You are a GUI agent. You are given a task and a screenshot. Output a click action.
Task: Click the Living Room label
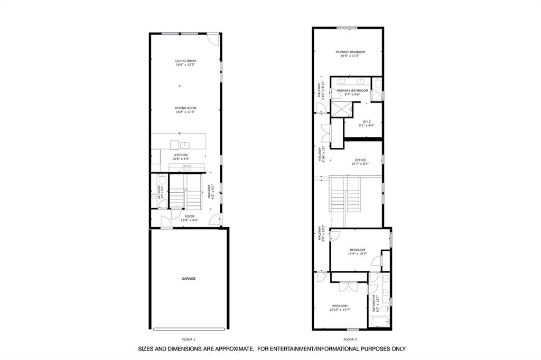pyautogui.click(x=185, y=61)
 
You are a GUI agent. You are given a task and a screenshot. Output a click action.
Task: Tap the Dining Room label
pyautogui.click(x=185, y=108)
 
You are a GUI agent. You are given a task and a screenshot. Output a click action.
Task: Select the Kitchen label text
pyautogui.click(x=180, y=155)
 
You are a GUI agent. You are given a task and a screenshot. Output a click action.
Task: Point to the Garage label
pyautogui.click(x=189, y=279)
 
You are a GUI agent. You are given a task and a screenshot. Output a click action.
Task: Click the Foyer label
pyautogui.click(x=189, y=216)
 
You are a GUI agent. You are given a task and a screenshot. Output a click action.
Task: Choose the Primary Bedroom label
pyautogui.click(x=350, y=52)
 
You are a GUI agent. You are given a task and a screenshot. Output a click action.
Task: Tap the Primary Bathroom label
pyautogui.click(x=352, y=91)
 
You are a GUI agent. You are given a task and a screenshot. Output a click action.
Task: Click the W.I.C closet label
pyautogui.click(x=367, y=121)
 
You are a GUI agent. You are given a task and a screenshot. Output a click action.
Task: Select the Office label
pyautogui.click(x=360, y=160)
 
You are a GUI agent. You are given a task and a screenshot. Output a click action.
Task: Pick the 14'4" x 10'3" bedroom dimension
pyautogui.click(x=357, y=254)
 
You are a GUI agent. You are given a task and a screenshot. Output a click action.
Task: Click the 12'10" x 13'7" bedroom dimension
pyautogui.click(x=340, y=310)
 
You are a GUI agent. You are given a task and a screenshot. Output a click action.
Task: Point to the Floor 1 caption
pyautogui.click(x=189, y=339)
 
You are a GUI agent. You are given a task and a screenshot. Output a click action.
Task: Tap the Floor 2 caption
pyautogui.click(x=350, y=339)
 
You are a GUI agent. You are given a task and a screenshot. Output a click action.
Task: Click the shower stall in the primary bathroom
pyautogui.click(x=341, y=109)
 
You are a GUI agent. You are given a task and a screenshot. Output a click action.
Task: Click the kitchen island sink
pyautogui.click(x=185, y=144)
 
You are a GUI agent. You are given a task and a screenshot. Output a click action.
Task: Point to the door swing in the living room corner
pyautogui.click(x=212, y=40)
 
